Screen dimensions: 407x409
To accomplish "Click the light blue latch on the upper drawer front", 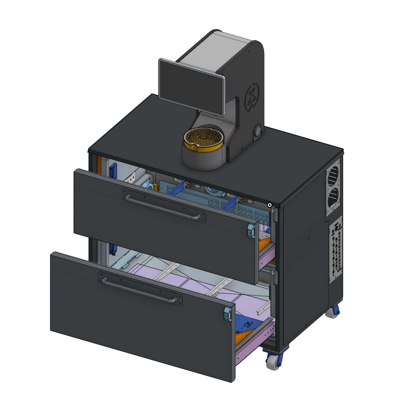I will [x=251, y=230].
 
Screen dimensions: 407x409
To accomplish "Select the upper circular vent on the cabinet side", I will [x=333, y=175].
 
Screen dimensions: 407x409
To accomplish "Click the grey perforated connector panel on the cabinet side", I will [x=336, y=249].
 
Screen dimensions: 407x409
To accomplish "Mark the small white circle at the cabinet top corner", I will [x=270, y=205].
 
